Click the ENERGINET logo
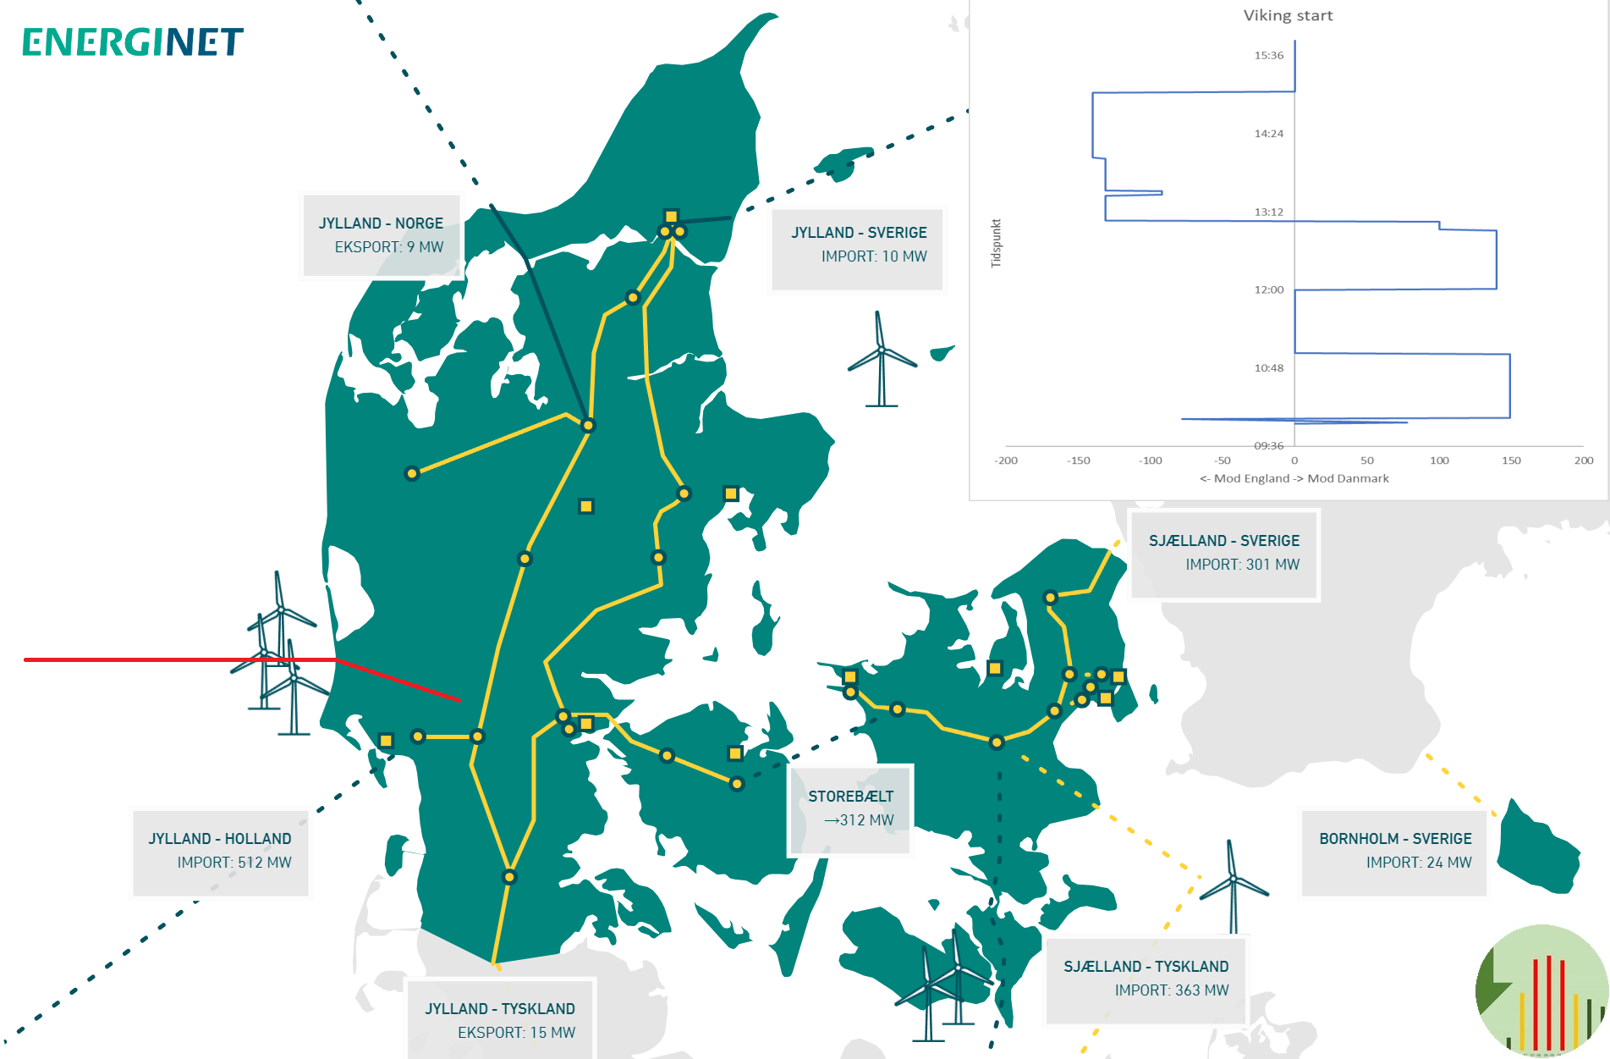tap(133, 42)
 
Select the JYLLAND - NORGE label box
tap(381, 235)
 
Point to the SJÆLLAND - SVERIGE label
tap(1223, 553)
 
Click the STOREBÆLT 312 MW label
tap(850, 808)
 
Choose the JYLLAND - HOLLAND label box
tap(220, 851)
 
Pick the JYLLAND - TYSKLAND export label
tap(500, 1020)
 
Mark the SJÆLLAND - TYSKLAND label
tap(1146, 979)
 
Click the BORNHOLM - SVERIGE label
tap(1394, 851)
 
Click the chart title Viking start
tap(1288, 15)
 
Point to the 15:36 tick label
tap(1268, 56)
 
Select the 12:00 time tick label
tap(1268, 290)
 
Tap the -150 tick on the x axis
tap(1079, 461)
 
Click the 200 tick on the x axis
tap(1583, 461)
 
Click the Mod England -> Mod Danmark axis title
tap(1294, 479)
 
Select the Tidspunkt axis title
tap(997, 244)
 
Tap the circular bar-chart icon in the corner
tap(1541, 990)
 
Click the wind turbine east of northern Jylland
tap(882, 360)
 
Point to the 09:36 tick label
tap(1268, 446)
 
